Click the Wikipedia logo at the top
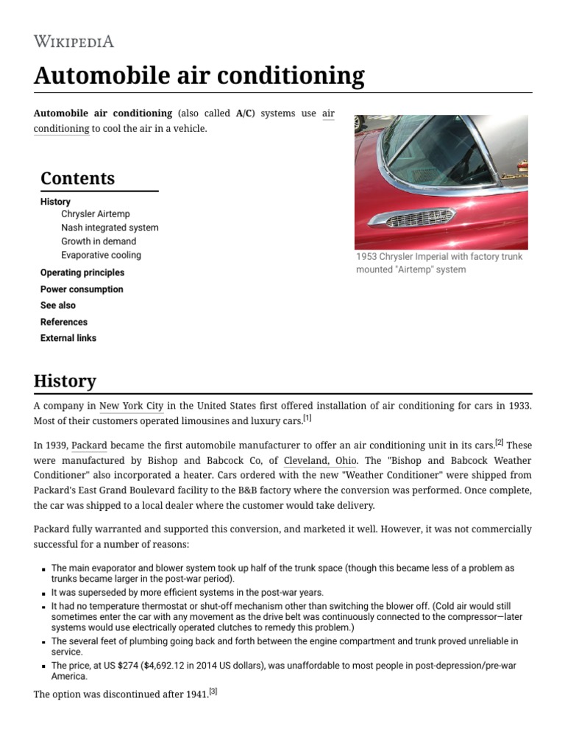point(74,41)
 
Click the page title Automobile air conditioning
point(199,76)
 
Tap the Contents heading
point(77,178)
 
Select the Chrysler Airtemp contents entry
point(95,214)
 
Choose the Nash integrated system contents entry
point(110,228)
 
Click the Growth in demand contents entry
point(98,241)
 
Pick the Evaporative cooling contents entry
point(101,255)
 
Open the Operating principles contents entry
point(82,272)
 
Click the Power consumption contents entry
point(82,289)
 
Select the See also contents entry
point(57,305)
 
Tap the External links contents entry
point(68,338)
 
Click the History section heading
point(65,381)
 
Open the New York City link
point(131,406)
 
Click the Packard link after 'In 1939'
point(89,445)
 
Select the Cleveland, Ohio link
point(320,460)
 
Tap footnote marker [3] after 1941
point(213,691)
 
